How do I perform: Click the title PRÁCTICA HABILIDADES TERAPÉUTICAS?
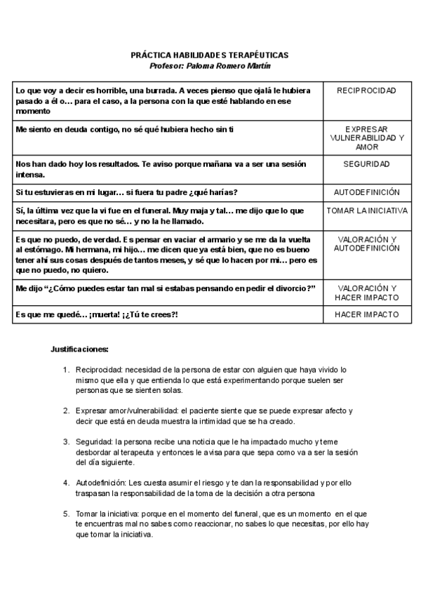click(210, 55)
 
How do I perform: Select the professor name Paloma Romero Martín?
click(210, 65)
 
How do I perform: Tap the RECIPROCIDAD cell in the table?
click(366, 91)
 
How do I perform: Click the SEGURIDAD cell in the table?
click(366, 163)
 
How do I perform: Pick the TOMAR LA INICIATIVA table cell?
click(366, 210)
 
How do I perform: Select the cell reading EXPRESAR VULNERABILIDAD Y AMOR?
click(366, 138)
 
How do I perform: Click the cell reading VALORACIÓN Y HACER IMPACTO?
click(366, 293)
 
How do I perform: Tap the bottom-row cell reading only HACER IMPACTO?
click(366, 314)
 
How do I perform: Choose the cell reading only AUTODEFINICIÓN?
click(366, 192)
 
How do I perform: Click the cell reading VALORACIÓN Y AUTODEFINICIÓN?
click(366, 243)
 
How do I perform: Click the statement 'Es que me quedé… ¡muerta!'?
click(97, 314)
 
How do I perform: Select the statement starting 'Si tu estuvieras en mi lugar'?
click(126, 192)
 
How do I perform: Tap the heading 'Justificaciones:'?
click(79, 349)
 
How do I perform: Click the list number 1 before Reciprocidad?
click(66, 369)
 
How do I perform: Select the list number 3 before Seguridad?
click(66, 442)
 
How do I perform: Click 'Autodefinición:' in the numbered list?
click(101, 483)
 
